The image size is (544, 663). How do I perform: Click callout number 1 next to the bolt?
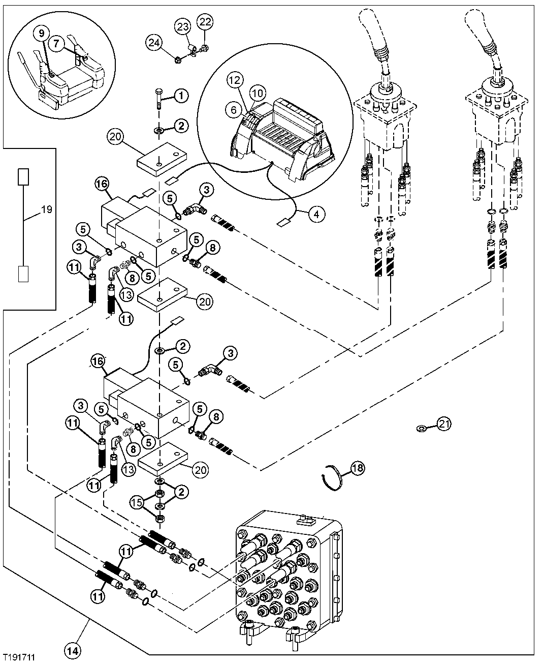tap(181, 95)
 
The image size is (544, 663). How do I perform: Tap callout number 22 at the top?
tap(206, 21)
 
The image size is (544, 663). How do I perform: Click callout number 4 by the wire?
tap(316, 215)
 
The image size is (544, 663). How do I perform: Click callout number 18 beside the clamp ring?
tap(357, 468)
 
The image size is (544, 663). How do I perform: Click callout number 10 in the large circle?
tap(258, 94)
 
